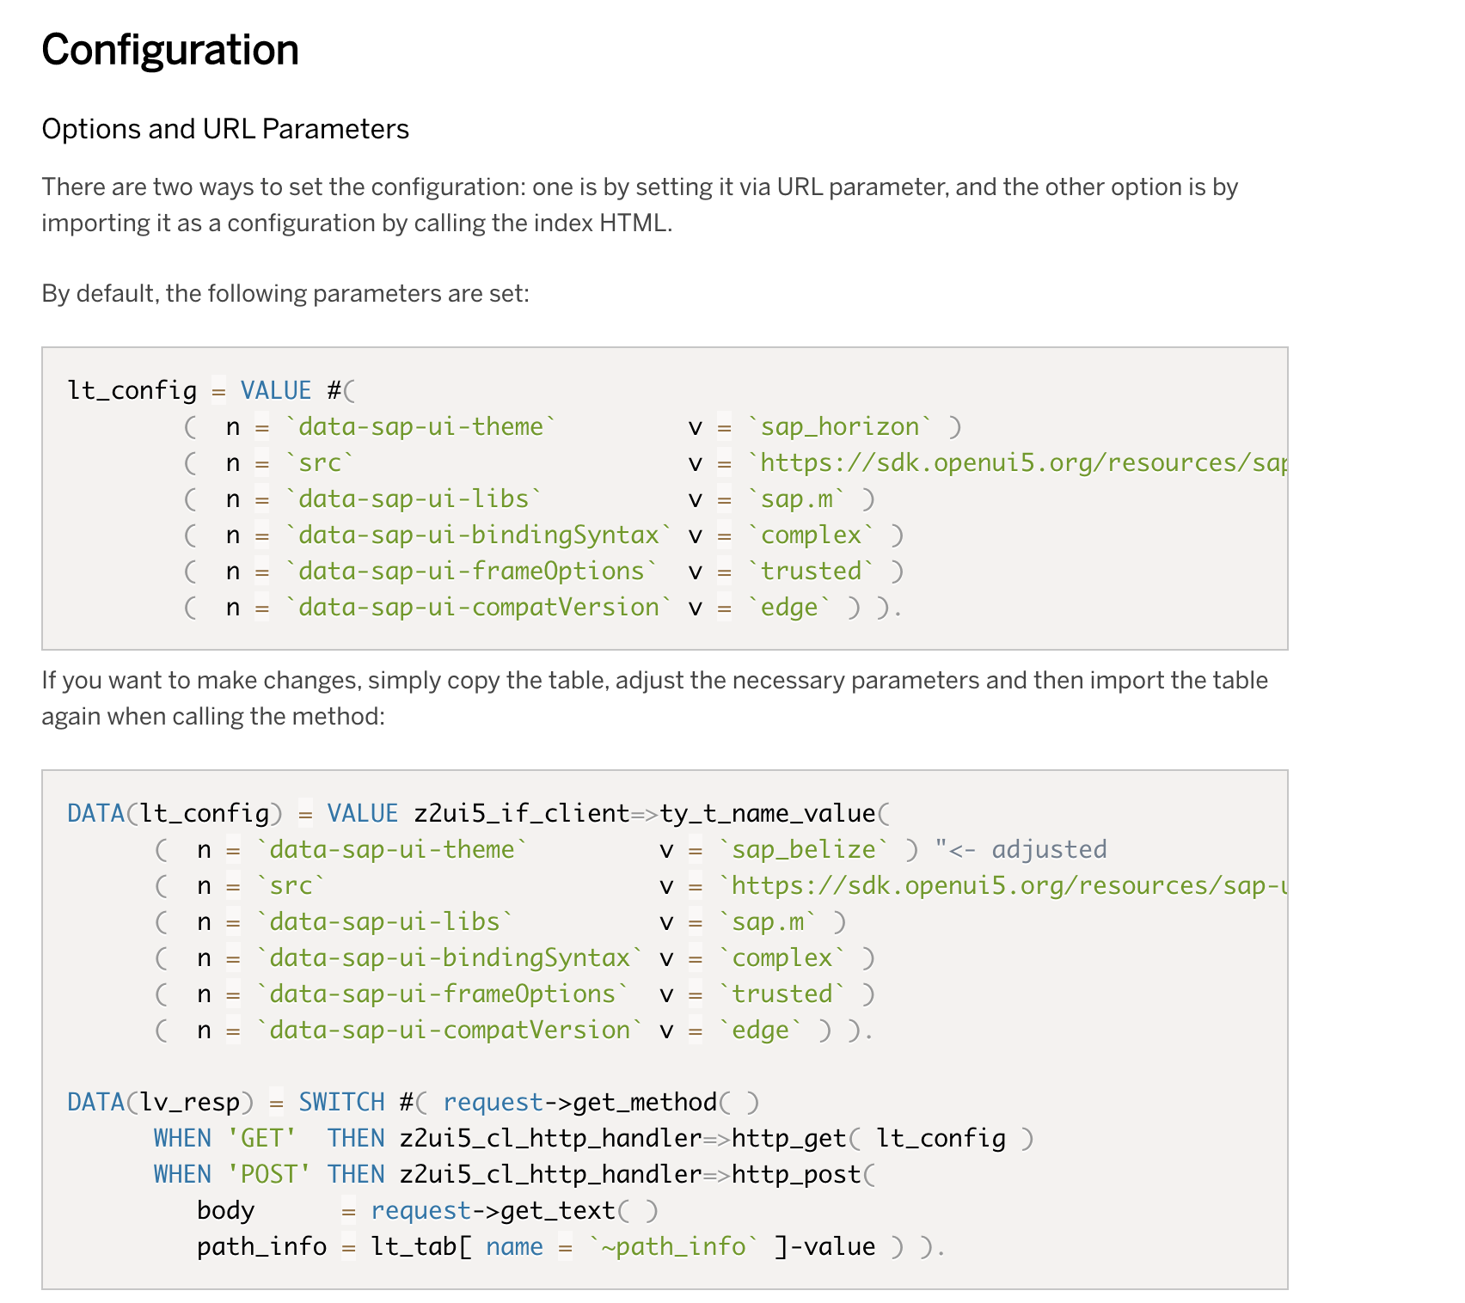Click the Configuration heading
(x=170, y=50)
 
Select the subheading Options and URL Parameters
(x=225, y=129)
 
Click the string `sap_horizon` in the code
(x=839, y=426)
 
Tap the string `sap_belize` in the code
(x=804, y=849)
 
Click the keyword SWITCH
(x=341, y=1102)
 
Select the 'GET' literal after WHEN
(x=261, y=1138)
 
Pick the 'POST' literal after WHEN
(x=268, y=1174)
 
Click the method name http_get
(x=788, y=1138)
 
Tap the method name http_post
(x=796, y=1174)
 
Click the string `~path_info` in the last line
(x=673, y=1246)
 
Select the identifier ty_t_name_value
(x=767, y=813)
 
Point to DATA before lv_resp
(x=95, y=1102)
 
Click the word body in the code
(x=225, y=1210)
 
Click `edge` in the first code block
(x=789, y=607)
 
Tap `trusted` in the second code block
(x=782, y=994)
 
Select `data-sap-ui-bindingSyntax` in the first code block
(x=478, y=535)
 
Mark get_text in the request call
(x=557, y=1210)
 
